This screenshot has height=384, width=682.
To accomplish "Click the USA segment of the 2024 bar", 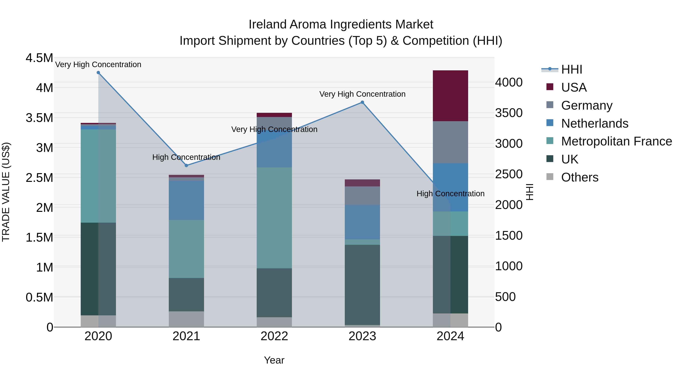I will pos(450,96).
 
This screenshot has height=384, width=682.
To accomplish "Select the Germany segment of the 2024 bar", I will pos(450,142).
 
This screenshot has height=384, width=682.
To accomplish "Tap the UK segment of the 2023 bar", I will pos(362,285).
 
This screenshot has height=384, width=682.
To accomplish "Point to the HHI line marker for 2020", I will pos(98,73).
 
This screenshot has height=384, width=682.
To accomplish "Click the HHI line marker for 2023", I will pos(362,102).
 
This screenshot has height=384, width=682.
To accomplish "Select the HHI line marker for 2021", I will pos(186,165).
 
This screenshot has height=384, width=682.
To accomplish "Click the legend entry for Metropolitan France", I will pos(616,141).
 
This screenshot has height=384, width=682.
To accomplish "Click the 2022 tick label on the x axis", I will pos(274,336).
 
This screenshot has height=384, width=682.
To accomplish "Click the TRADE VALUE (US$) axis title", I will pos(6,192).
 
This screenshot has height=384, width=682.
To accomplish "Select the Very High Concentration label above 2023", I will pos(362,94).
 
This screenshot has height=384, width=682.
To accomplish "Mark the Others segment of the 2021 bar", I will pos(186,319).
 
